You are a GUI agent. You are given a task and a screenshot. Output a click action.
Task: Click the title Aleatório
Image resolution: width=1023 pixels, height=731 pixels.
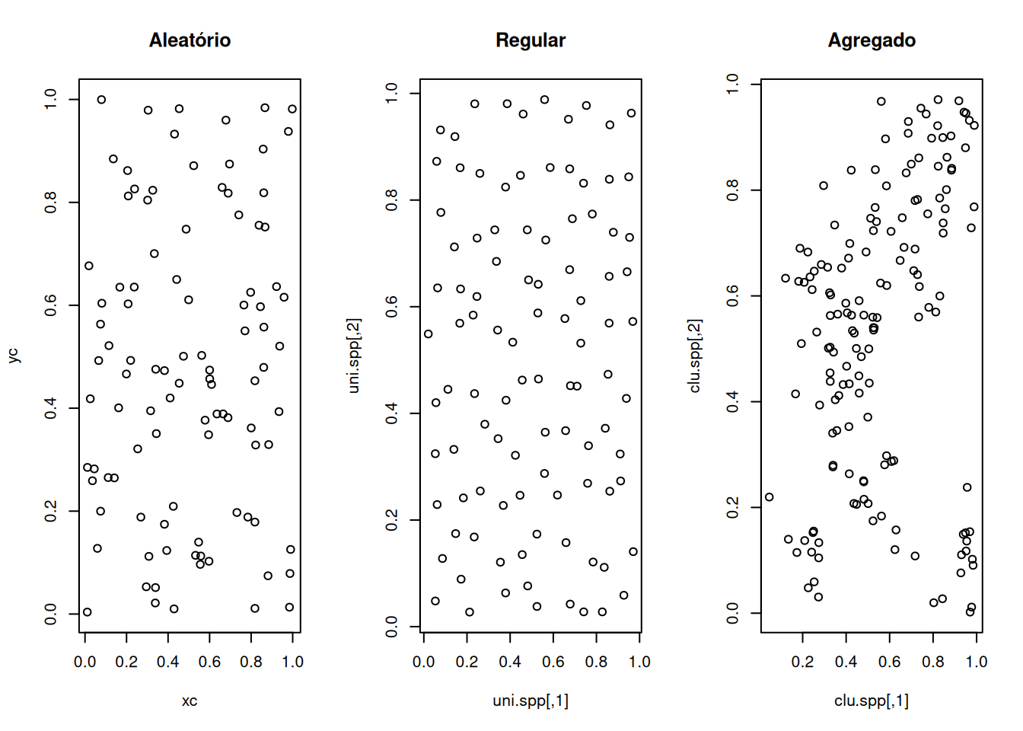pyautogui.click(x=190, y=40)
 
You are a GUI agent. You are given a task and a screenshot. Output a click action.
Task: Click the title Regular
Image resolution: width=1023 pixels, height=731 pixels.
pyautogui.click(x=531, y=40)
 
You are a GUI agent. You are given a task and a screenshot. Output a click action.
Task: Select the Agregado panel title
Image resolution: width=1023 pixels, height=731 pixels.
pyautogui.click(x=872, y=40)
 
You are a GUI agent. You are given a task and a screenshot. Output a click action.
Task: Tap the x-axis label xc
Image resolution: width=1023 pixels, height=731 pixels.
pyautogui.click(x=190, y=701)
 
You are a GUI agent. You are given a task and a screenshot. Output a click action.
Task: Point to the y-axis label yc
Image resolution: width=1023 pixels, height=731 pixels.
pyautogui.click(x=13, y=355)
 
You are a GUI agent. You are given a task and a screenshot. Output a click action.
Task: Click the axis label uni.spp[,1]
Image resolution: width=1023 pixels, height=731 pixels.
pyautogui.click(x=531, y=701)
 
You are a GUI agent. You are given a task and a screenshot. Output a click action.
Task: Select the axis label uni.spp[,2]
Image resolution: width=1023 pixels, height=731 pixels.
pyautogui.click(x=354, y=356)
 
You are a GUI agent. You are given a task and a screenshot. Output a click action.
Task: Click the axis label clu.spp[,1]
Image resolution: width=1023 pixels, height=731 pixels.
pyautogui.click(x=872, y=701)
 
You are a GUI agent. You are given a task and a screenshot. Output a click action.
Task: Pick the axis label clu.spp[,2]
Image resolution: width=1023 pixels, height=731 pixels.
pyautogui.click(x=695, y=356)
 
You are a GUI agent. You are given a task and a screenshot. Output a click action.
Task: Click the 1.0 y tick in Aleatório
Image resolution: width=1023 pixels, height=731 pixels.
pyautogui.click(x=51, y=99)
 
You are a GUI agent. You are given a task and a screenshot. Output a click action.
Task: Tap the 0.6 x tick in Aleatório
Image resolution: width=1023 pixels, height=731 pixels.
pyautogui.click(x=209, y=662)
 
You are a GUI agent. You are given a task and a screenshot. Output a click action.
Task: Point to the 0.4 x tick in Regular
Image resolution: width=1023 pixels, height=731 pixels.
pyautogui.click(x=510, y=662)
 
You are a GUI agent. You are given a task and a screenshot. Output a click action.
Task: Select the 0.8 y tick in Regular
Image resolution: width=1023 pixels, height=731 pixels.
pyautogui.click(x=392, y=200)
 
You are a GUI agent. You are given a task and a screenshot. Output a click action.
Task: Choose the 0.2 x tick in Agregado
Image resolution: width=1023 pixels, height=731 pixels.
pyautogui.click(x=802, y=662)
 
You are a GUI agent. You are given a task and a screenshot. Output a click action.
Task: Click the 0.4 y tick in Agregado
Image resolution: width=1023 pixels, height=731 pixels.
pyautogui.click(x=733, y=401)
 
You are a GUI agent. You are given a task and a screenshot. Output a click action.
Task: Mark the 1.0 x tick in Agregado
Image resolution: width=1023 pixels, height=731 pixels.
pyautogui.click(x=977, y=662)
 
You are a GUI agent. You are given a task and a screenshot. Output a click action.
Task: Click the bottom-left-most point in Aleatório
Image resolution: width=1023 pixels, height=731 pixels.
pyautogui.click(x=87, y=612)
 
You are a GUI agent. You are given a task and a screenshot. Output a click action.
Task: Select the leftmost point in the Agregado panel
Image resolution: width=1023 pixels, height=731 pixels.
pyautogui.click(x=769, y=497)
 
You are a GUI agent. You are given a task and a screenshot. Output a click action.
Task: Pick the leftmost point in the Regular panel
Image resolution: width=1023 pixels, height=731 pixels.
pyautogui.click(x=429, y=334)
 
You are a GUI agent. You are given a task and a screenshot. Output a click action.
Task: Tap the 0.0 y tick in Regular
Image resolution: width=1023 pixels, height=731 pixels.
pyautogui.click(x=392, y=627)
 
